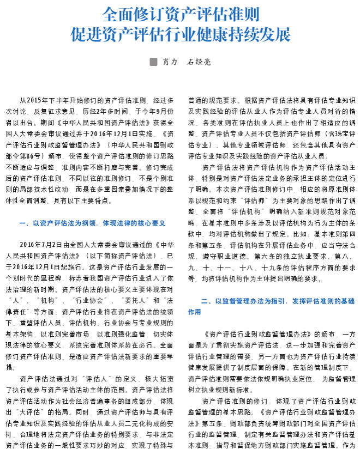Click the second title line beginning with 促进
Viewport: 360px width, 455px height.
pyautogui.click(x=180, y=35)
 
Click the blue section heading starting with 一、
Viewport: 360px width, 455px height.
pyautogui.click(x=92, y=223)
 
